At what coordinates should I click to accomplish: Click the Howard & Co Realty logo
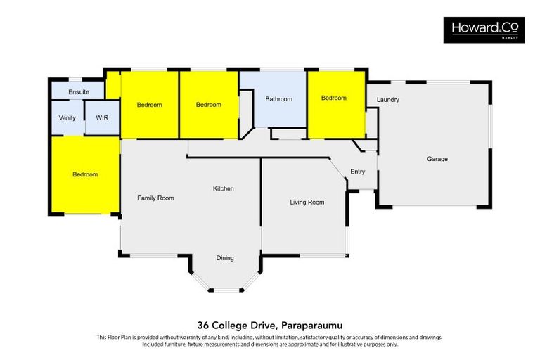[484, 30]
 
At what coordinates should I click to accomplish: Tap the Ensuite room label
[79, 92]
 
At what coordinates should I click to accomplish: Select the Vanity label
[67, 118]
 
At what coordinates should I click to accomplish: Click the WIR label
[102, 118]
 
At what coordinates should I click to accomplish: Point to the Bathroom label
[279, 99]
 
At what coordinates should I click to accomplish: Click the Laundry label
[388, 100]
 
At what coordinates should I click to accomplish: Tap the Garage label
[437, 159]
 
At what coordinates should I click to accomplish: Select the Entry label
[357, 172]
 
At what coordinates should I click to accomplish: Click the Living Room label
[307, 202]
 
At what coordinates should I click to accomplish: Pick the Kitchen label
[224, 188]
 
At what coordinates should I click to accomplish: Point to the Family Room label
[155, 198]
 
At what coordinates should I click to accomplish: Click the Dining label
[225, 258]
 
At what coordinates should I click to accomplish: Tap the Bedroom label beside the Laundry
[334, 98]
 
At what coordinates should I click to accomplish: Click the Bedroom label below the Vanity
[85, 174]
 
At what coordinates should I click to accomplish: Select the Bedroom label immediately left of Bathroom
[209, 105]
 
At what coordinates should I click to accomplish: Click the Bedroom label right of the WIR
[150, 105]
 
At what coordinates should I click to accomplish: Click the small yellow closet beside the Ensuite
[112, 85]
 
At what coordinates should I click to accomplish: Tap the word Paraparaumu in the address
[311, 326]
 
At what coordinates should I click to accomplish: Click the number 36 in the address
[202, 326]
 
